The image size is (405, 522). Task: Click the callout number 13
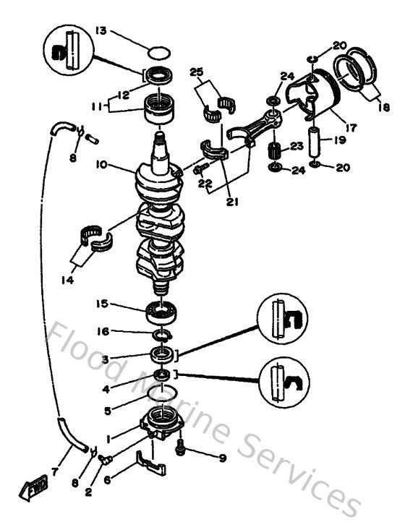[x=100, y=31]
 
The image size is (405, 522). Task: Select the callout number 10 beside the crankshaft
[x=101, y=165]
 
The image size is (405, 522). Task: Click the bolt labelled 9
[x=181, y=450]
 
